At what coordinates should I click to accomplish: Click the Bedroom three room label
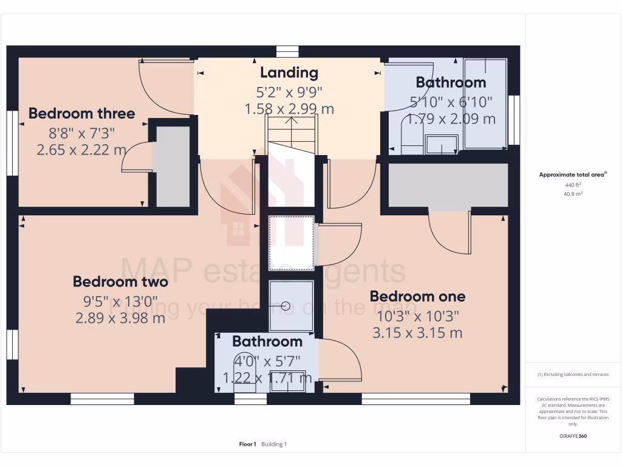81,114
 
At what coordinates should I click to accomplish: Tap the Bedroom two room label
120,282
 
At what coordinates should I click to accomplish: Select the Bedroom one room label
417,297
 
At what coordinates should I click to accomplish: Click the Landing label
289,73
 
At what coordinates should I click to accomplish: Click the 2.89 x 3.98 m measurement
120,317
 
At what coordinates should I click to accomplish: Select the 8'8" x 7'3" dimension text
81,132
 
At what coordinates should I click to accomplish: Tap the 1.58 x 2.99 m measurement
289,109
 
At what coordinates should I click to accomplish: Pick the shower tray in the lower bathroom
292,306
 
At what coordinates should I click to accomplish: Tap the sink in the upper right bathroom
442,145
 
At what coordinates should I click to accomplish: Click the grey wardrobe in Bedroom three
171,165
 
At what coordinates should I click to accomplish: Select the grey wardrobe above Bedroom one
448,185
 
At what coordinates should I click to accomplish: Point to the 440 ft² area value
573,184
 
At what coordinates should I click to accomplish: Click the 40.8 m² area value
573,193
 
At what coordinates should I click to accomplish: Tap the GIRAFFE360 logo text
573,436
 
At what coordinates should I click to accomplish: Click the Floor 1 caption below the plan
248,445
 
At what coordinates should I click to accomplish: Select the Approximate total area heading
573,175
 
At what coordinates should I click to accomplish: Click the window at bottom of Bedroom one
416,399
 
